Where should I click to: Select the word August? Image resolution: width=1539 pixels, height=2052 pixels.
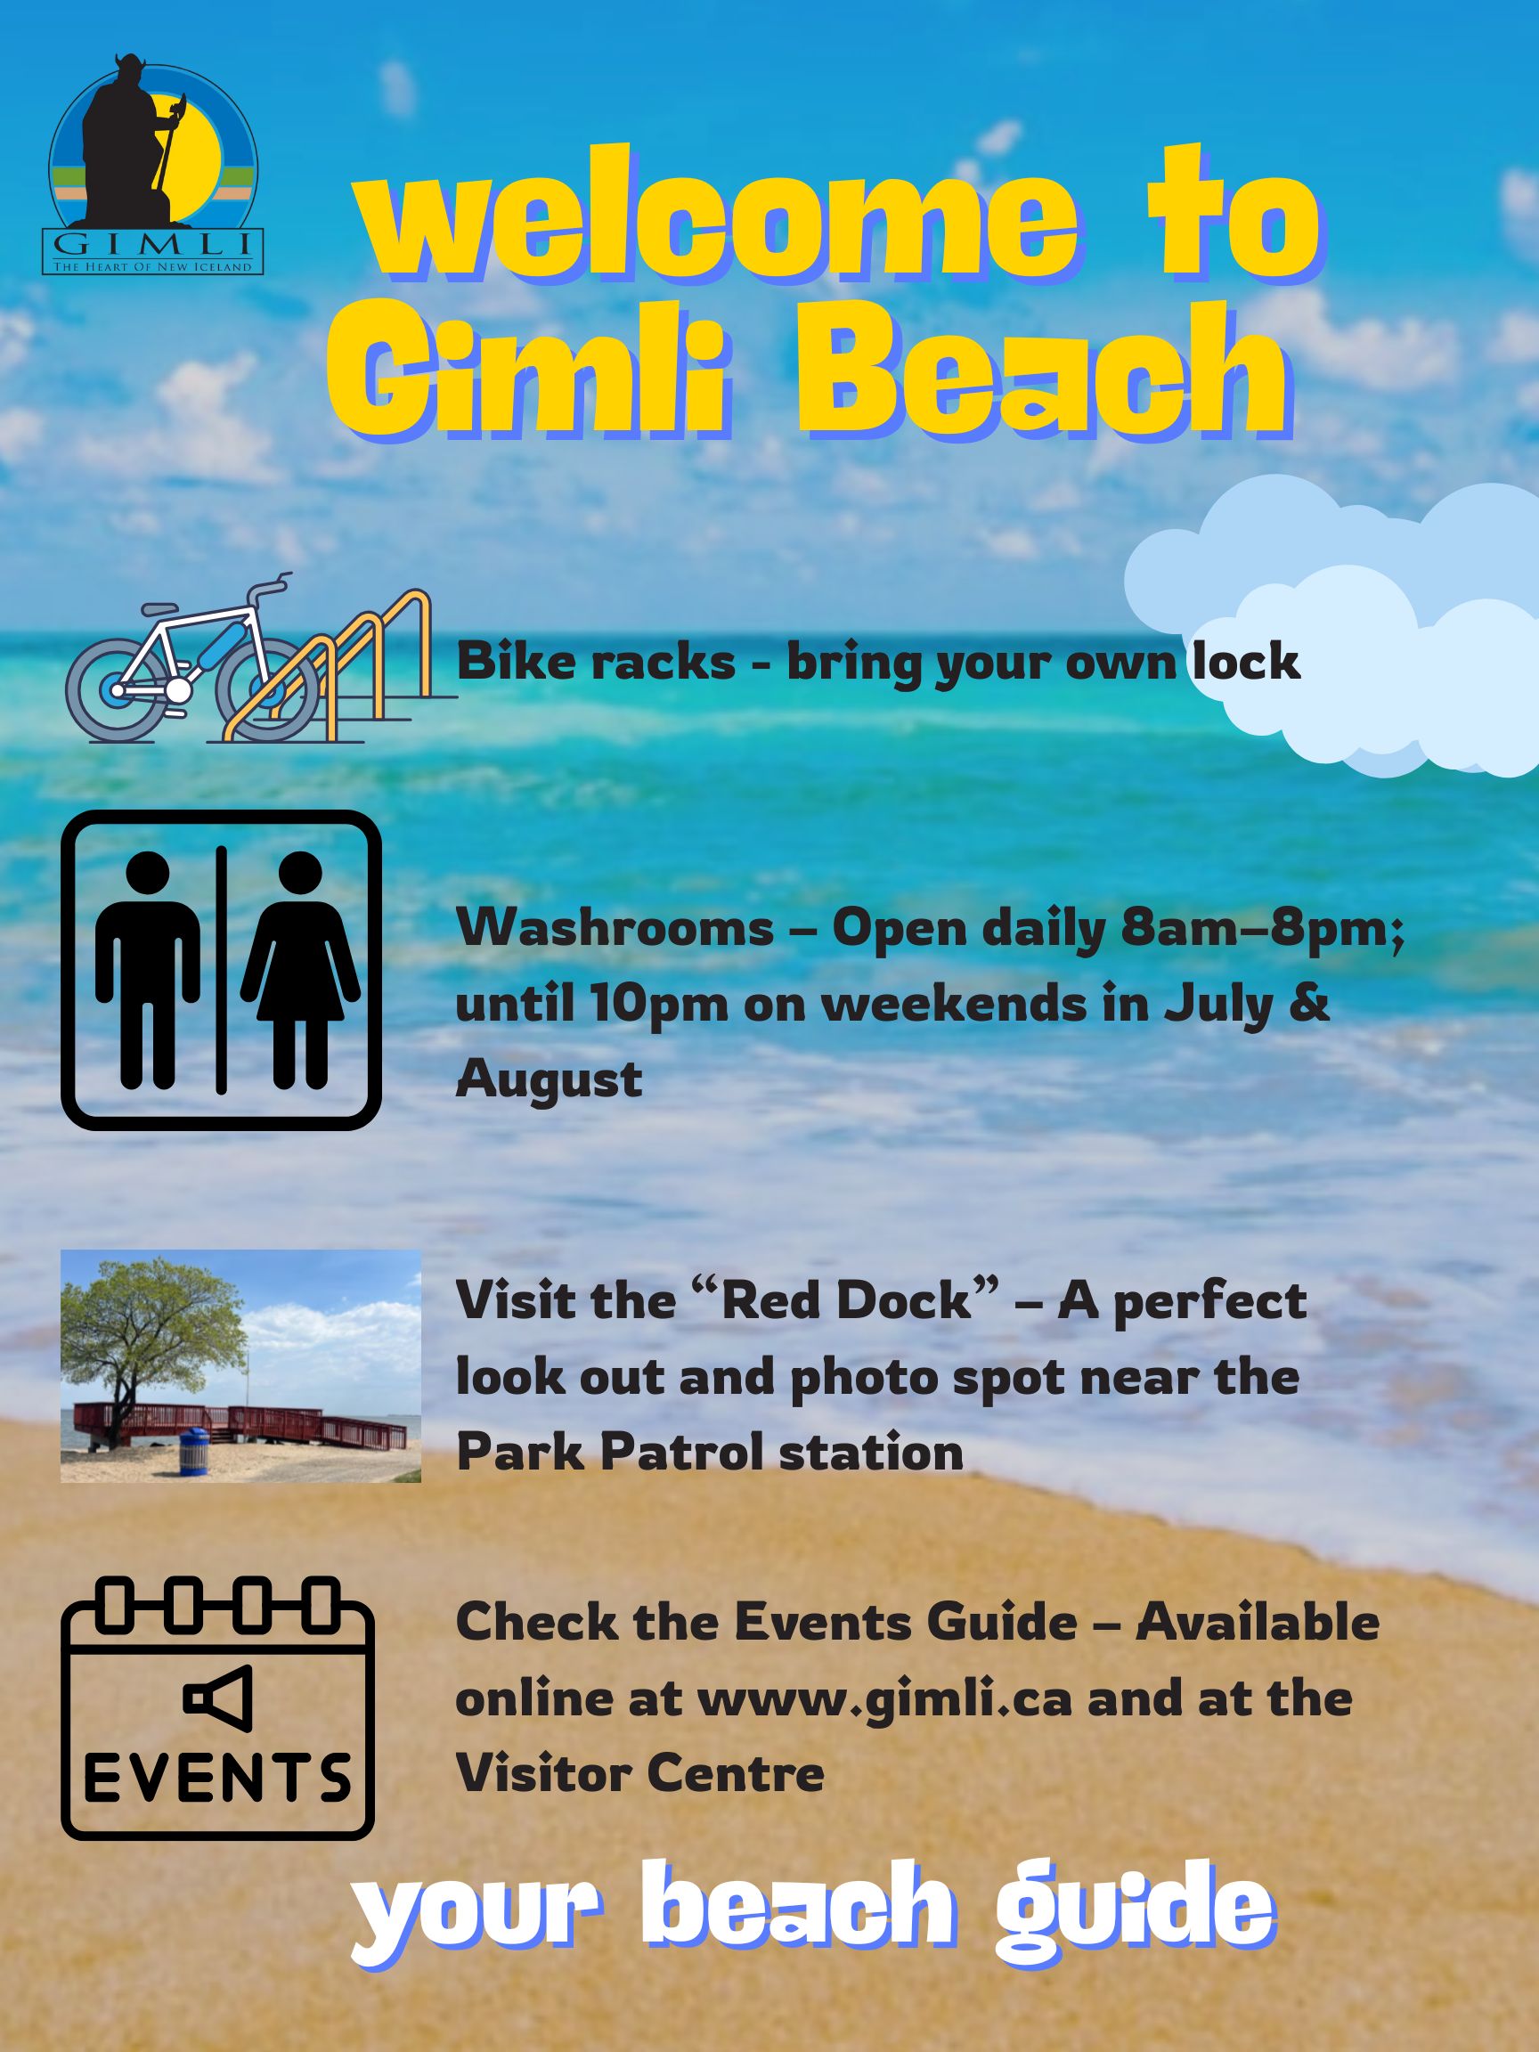tap(550, 1079)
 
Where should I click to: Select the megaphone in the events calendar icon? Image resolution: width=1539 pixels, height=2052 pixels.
tap(217, 1698)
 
